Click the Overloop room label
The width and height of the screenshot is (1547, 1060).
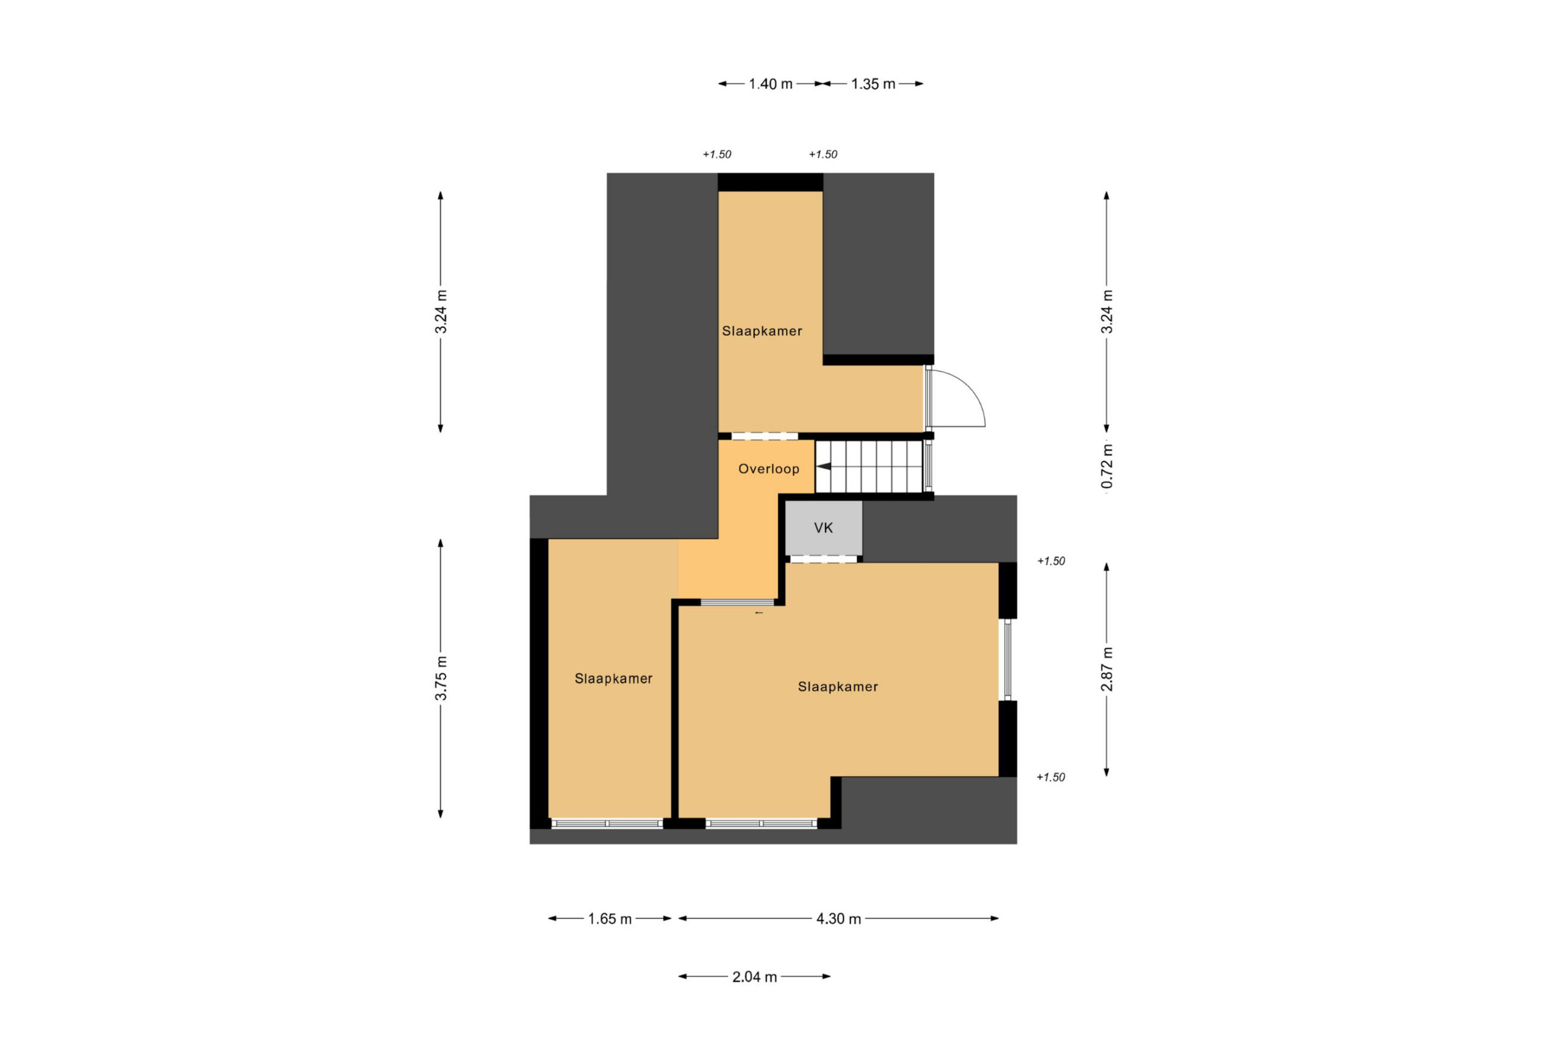coord(768,469)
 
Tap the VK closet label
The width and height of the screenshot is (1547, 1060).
coord(824,528)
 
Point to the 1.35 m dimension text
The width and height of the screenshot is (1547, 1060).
coord(873,85)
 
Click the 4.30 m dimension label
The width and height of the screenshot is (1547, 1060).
coord(839,919)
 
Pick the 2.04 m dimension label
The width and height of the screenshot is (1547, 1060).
coord(754,977)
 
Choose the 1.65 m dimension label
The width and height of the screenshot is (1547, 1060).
coord(610,919)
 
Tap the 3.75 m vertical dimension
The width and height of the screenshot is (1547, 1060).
coord(441,678)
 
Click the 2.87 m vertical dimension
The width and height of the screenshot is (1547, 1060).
coord(1106,669)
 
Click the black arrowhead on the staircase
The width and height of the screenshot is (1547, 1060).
coord(824,467)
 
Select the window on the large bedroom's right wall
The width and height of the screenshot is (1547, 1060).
coord(1008,660)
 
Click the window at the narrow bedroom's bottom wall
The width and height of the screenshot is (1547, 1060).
coord(607,824)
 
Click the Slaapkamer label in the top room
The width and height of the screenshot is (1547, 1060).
coord(761,332)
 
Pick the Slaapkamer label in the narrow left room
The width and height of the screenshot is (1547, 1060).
coord(613,679)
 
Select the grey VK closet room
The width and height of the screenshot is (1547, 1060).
coord(824,528)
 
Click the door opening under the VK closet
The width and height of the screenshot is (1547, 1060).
coord(824,559)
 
